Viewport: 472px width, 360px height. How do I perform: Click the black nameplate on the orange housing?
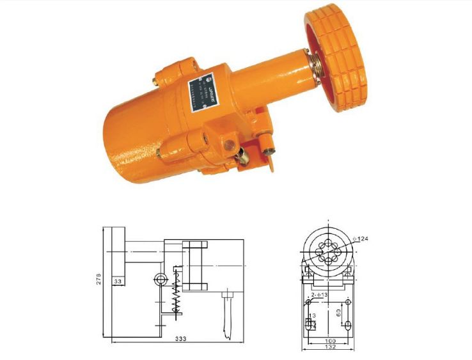[x=203, y=95]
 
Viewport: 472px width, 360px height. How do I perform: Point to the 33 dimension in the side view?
[x=118, y=280]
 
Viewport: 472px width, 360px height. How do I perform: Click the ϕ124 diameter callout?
[x=362, y=240]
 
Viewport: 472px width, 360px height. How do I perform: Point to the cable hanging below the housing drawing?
[x=226, y=317]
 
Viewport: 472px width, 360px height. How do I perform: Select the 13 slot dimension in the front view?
[x=311, y=317]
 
